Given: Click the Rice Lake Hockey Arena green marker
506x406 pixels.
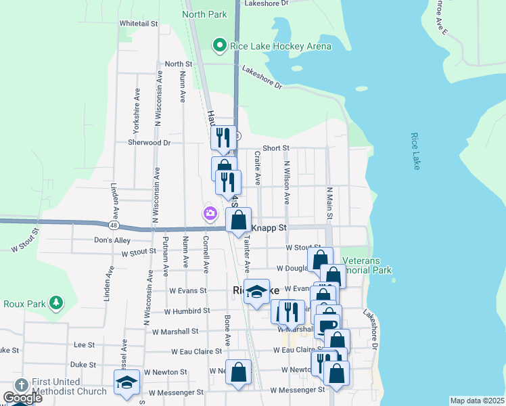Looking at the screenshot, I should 219,46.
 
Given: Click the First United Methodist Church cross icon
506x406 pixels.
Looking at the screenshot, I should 21,384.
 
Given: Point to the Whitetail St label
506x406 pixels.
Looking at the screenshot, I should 138,23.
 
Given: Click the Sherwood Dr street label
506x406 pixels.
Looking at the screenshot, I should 149,143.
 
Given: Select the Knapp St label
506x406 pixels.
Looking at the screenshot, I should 270,229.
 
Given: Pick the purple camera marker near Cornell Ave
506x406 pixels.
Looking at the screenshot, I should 210,214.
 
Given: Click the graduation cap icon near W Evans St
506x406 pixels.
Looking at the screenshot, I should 256,292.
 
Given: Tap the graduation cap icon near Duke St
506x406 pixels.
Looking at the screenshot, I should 127,382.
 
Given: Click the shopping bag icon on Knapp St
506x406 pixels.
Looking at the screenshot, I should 238,220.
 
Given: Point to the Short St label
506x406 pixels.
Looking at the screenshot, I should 276,148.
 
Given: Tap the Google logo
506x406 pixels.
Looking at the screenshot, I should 23,397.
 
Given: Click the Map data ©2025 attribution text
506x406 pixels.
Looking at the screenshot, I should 478,401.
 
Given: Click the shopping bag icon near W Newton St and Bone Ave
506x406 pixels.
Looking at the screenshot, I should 238,372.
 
